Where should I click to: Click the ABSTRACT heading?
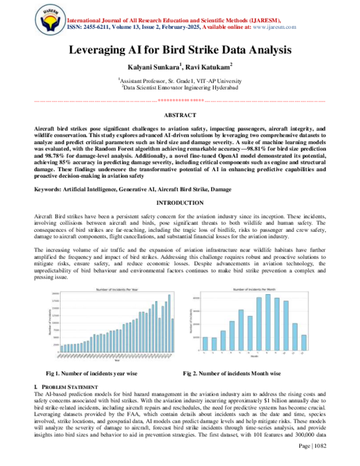click(180, 115)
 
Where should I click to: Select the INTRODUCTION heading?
click(180, 204)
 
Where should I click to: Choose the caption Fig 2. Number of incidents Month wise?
click(232, 374)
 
